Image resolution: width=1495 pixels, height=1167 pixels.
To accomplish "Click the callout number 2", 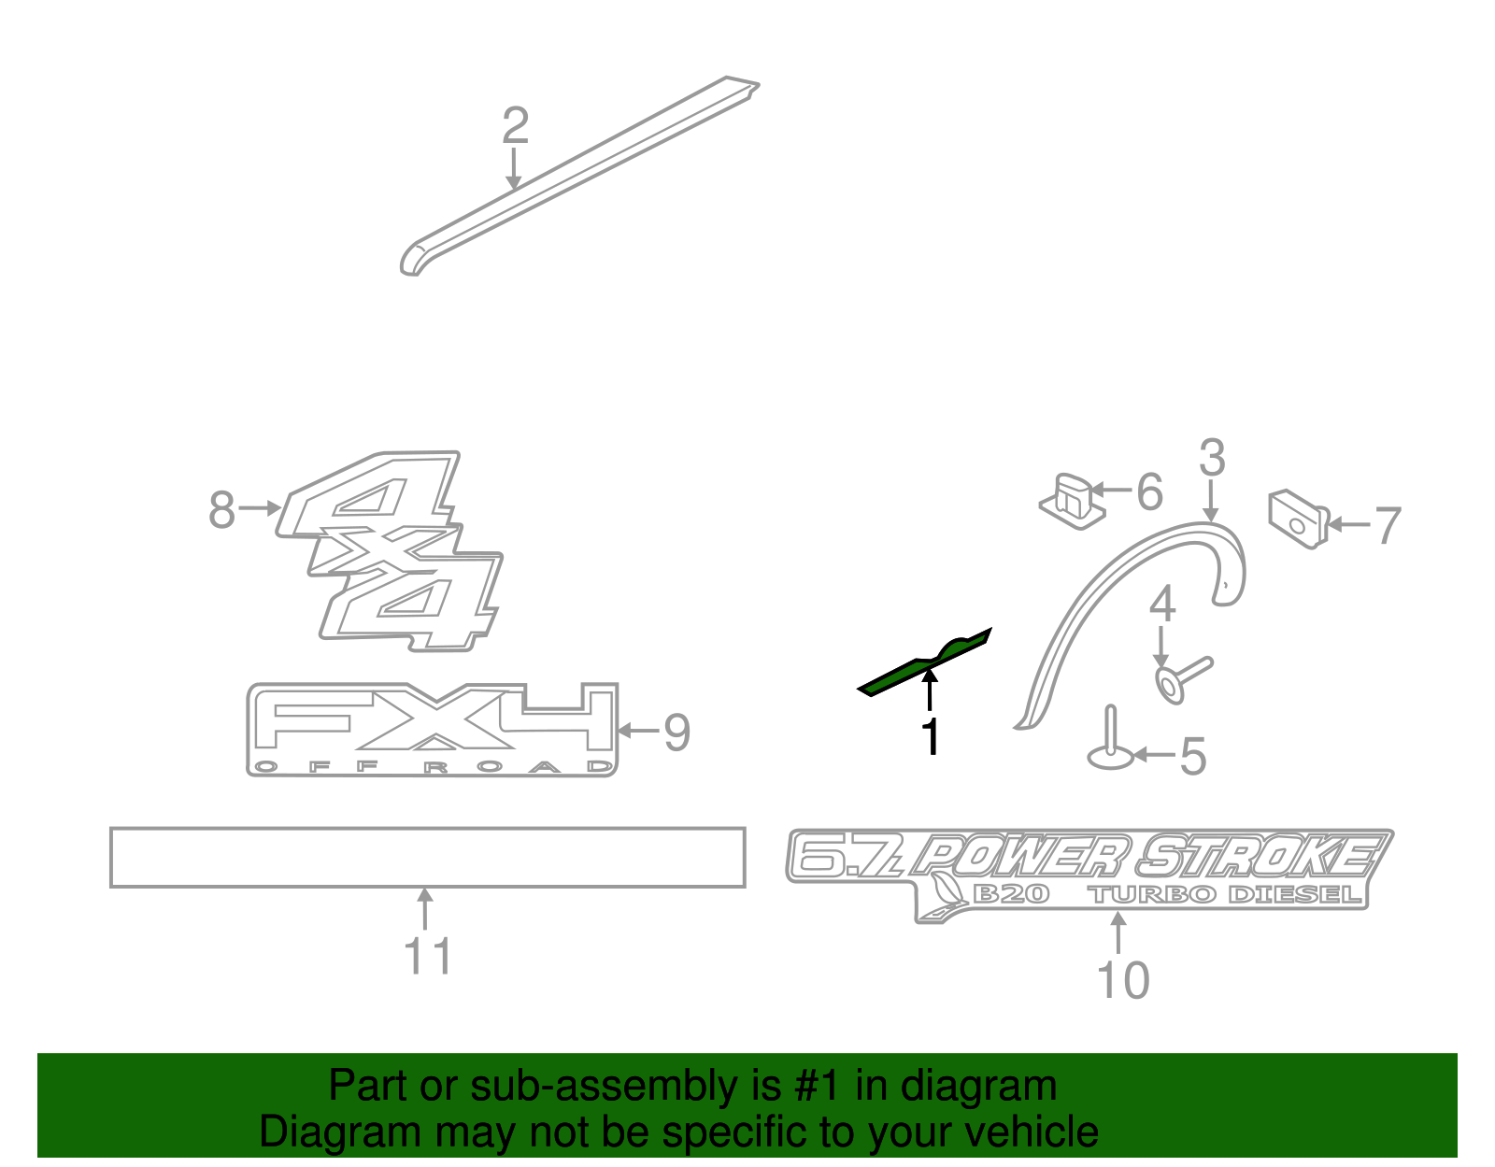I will [515, 126].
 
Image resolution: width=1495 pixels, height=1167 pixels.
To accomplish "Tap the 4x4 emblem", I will [392, 551].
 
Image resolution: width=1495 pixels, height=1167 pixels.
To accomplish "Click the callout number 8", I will [221, 510].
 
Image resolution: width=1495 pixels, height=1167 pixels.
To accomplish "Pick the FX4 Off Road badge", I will [432, 730].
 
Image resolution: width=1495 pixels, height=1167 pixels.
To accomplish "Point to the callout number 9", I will [676, 733].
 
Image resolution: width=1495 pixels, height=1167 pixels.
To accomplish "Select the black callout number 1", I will [931, 736].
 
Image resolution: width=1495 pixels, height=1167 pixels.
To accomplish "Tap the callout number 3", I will [1212, 459].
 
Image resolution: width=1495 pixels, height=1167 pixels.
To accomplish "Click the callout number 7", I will [1388, 525].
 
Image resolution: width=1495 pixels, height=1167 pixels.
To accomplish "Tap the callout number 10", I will [1122, 980].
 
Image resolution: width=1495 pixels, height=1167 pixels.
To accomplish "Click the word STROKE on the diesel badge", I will [1261, 855].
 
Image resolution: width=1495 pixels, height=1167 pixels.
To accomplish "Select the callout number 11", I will [428, 956].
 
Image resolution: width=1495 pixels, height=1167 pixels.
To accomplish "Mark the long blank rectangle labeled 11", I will [427, 857].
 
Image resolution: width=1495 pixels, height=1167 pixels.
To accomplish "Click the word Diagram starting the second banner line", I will [339, 1132].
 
